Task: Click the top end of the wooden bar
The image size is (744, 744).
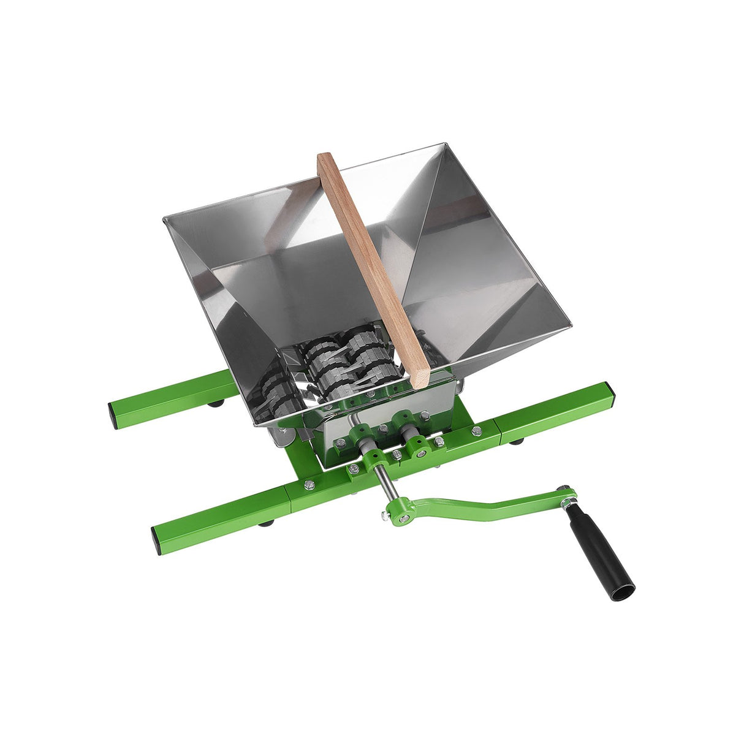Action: pyautogui.click(x=326, y=159)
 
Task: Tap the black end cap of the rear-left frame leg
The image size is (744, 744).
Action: pyautogui.click(x=114, y=414)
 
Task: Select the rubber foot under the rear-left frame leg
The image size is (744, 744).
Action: pyautogui.click(x=216, y=404)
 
